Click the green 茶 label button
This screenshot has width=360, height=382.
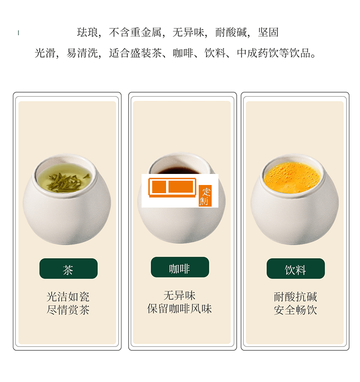(68, 269)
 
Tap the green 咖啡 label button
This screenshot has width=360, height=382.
(180, 267)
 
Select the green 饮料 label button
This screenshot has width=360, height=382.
(295, 269)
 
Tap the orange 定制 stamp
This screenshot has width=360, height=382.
(205, 196)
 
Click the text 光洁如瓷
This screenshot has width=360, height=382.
(68, 297)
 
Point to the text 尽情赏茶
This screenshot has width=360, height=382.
(68, 310)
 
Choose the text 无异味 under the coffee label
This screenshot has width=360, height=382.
(180, 296)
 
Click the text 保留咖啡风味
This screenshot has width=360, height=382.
(180, 308)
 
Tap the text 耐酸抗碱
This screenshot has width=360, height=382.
(295, 297)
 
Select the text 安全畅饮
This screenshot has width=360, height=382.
(295, 310)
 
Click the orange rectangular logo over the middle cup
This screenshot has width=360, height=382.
(172, 187)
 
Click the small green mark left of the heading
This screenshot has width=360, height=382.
(18, 33)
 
